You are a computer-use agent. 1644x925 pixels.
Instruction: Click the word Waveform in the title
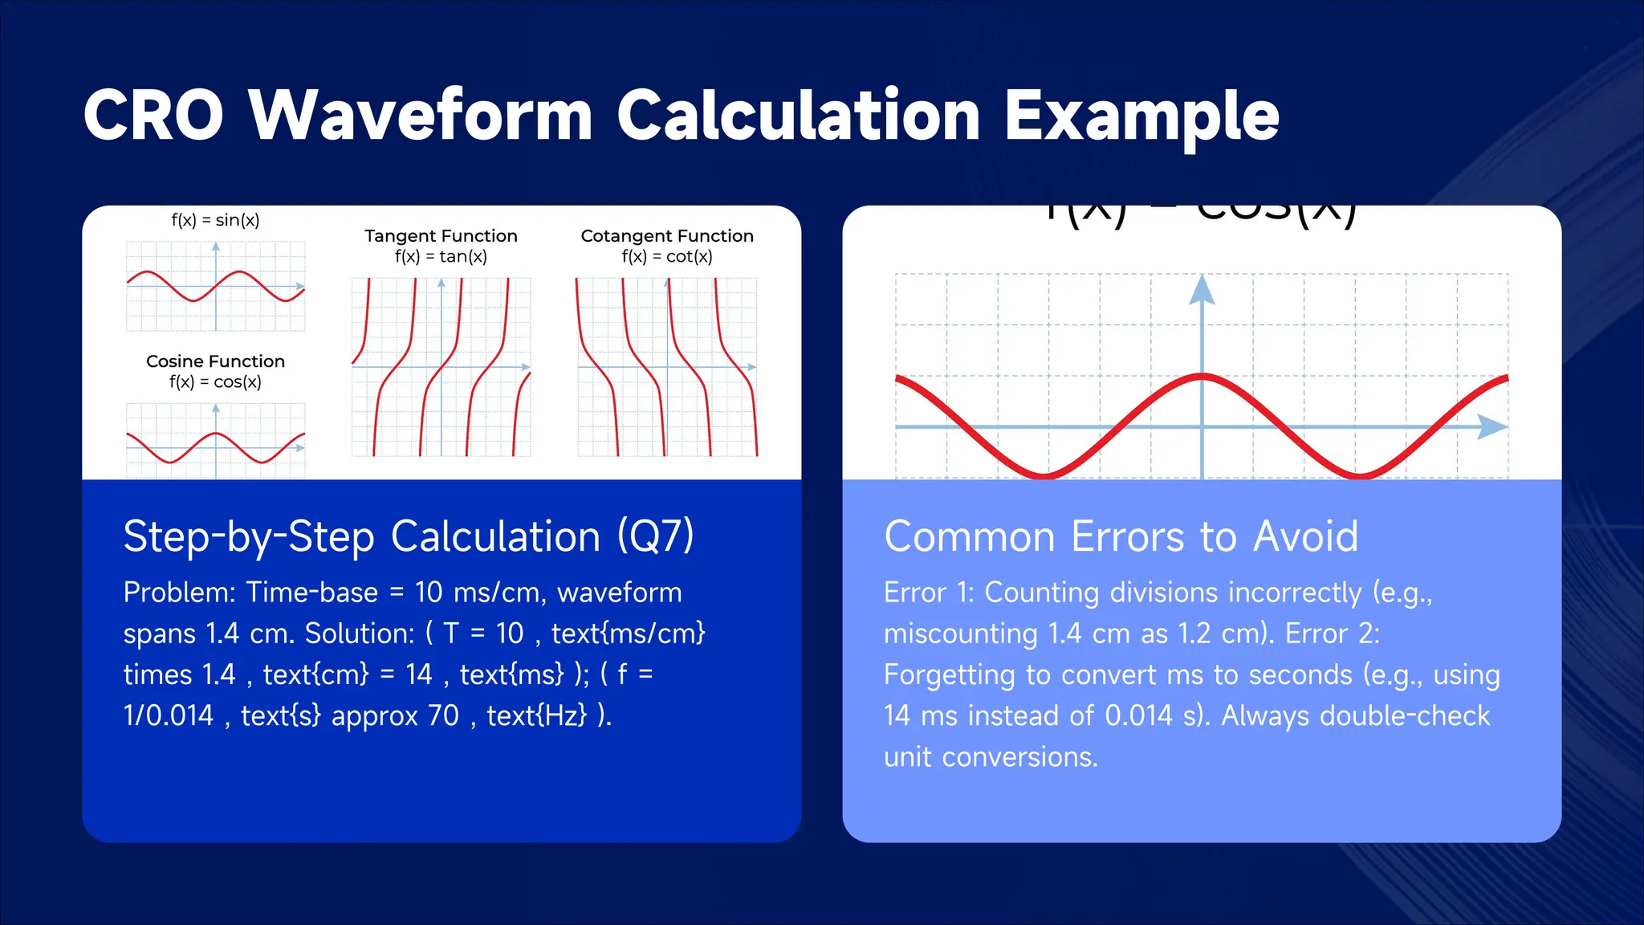pyautogui.click(x=420, y=115)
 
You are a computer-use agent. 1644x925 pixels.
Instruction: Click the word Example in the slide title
pyautogui.click(x=1141, y=116)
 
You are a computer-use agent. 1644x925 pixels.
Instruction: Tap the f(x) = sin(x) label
pyautogui.click(x=215, y=220)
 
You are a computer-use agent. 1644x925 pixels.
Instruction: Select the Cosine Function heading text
pyautogui.click(x=215, y=361)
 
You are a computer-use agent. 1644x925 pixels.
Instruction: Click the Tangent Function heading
pyautogui.click(x=441, y=236)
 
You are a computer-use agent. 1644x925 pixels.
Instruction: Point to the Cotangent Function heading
pyautogui.click(x=667, y=236)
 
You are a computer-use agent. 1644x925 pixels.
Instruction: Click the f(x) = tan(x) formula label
pyautogui.click(x=441, y=257)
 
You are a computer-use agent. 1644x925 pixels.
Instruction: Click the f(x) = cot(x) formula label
pyautogui.click(x=667, y=257)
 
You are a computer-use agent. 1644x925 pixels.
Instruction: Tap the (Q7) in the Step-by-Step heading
pyautogui.click(x=655, y=536)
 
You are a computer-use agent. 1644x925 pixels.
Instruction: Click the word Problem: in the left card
pyautogui.click(x=179, y=593)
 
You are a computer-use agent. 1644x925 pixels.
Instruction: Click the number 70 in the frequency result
pyautogui.click(x=443, y=715)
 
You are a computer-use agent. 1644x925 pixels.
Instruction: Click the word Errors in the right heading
pyautogui.click(x=1129, y=536)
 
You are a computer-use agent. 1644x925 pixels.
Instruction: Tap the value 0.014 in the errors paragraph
pyautogui.click(x=1138, y=715)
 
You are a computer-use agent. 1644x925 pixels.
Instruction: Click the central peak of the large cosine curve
pyautogui.click(x=1202, y=375)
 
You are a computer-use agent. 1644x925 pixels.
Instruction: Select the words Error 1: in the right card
pyautogui.click(x=929, y=593)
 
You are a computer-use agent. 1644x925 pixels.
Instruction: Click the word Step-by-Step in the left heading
pyautogui.click(x=249, y=536)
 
